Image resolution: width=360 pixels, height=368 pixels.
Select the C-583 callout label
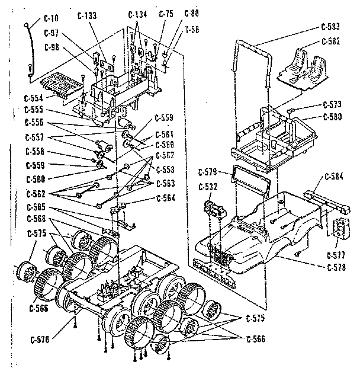(331, 27)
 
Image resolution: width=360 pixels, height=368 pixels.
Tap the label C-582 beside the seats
(331, 41)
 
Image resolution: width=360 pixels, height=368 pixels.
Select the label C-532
(208, 187)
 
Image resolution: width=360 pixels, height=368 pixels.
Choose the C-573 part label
(332, 104)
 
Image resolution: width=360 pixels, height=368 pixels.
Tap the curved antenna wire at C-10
(31, 47)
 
